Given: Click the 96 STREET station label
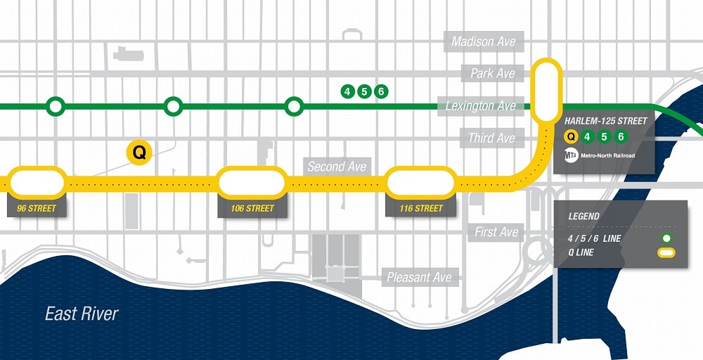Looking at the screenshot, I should (x=37, y=208).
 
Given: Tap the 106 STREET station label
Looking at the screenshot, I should (x=252, y=208).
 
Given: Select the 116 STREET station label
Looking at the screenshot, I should (x=420, y=208).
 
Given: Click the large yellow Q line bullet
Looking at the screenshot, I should (x=139, y=152).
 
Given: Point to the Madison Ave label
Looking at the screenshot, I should (x=483, y=41).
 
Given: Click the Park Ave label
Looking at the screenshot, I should (x=493, y=73).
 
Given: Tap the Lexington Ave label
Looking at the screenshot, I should (x=480, y=105).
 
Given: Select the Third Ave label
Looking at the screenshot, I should (x=491, y=138).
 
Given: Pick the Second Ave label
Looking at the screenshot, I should (x=337, y=167).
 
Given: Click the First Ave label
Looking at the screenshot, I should (x=496, y=231).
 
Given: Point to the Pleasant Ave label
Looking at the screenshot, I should (x=419, y=277).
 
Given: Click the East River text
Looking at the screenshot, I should (x=82, y=314).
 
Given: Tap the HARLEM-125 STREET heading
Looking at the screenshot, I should (x=606, y=121).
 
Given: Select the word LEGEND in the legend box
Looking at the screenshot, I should (x=584, y=216).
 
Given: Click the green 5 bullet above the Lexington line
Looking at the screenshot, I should (x=363, y=91).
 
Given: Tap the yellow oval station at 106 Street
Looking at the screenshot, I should (x=252, y=183).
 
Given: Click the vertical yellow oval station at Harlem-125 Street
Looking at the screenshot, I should (x=547, y=90).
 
